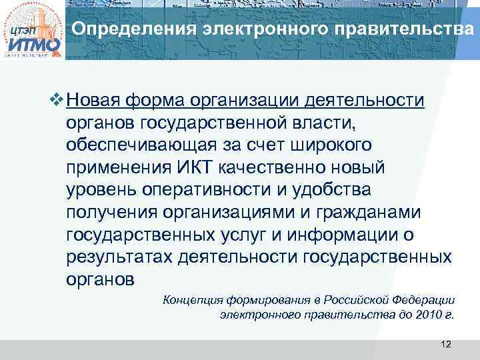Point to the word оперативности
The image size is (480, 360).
[x=216, y=189]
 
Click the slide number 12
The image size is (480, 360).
[x=446, y=343]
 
